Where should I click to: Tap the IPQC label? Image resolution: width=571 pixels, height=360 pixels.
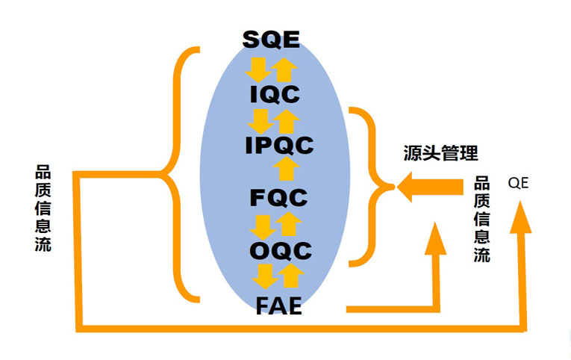coord(279,146)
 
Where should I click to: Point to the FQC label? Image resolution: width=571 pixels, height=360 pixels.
coord(278,198)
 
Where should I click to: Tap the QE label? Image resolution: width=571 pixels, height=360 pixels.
coord(518,182)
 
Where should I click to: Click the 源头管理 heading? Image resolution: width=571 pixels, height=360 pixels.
coord(438,155)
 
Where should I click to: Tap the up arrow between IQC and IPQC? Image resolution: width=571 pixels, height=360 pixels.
coord(286,120)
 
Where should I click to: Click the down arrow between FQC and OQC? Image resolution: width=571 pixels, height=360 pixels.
coord(262,224)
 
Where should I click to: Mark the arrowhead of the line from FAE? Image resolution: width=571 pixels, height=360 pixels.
coord(434,239)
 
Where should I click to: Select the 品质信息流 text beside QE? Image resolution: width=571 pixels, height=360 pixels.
coord(482,219)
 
